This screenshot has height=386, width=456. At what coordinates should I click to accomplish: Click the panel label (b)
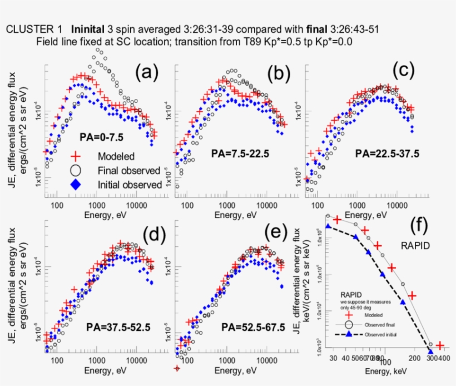pos(279,73)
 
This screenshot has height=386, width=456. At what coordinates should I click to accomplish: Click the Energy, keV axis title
pos(384,370)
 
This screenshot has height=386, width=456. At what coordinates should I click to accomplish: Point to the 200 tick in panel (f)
pos(413,359)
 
